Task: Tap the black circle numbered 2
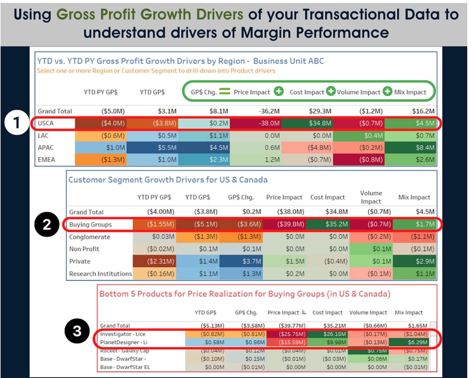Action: point(47,225)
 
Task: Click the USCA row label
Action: point(46,123)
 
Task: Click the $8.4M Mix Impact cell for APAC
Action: point(410,148)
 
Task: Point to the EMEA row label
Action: point(47,159)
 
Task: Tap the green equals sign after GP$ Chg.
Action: point(224,92)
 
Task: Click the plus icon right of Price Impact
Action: point(279,92)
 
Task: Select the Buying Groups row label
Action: point(90,224)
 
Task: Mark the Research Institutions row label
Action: point(100,273)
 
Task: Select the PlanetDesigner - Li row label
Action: point(123,343)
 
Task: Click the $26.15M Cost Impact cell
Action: point(327,334)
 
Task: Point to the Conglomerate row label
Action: point(90,237)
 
